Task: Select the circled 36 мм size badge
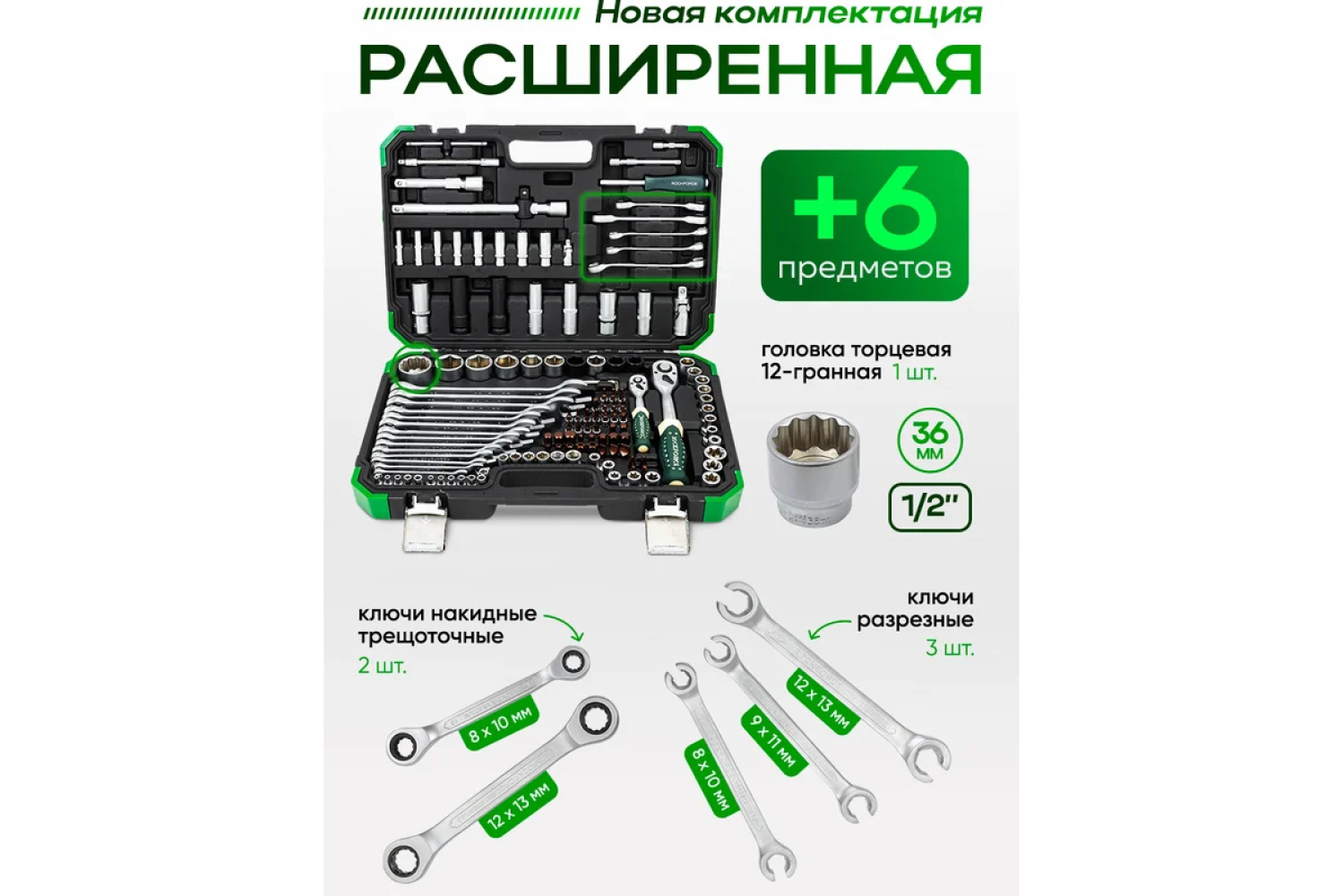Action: coord(930,441)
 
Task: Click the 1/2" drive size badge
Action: coord(929,508)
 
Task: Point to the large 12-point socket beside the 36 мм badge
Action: coord(813,469)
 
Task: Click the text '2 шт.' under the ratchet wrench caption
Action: coord(383,666)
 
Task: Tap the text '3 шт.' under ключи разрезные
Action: coord(950,648)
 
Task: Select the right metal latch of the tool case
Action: coord(668,526)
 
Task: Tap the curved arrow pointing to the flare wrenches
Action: coord(828,628)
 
